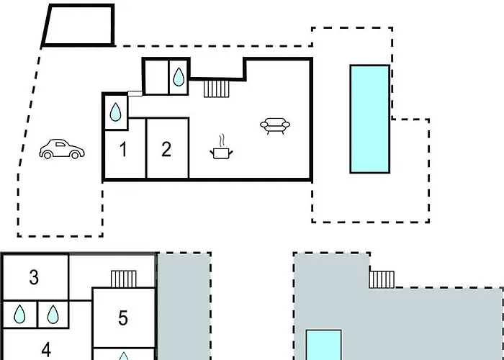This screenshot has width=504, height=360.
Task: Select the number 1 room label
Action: [x=124, y=150]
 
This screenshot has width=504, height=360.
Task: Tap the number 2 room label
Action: [x=167, y=150]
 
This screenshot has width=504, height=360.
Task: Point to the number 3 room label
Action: [x=34, y=277]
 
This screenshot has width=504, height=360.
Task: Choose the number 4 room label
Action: [x=46, y=350]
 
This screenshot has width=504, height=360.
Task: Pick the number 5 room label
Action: [x=123, y=318]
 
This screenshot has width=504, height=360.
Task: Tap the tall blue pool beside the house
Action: [x=370, y=119]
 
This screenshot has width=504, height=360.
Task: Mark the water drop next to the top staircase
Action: [x=178, y=76]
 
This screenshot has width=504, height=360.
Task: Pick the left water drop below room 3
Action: [x=22, y=314]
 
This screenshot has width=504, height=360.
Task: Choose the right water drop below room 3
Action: [x=52, y=314]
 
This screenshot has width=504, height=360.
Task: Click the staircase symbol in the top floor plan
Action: [x=217, y=89]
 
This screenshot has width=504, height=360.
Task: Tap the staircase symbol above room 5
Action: [x=123, y=279]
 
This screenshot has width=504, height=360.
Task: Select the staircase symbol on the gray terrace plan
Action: [x=382, y=278]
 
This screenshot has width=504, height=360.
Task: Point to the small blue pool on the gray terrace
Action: [x=323, y=345]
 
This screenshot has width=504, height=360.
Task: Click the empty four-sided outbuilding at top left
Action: [x=78, y=25]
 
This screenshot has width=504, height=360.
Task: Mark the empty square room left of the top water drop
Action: [x=156, y=76]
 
